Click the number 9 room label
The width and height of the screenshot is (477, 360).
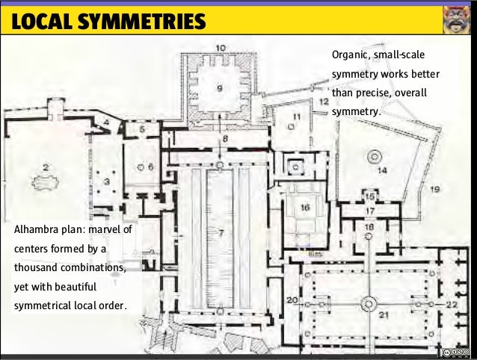coord(219,88)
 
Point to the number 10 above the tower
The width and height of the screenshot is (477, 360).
coord(220,48)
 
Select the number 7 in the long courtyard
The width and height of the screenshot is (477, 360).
coord(221,233)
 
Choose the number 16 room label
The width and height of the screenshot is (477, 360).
coord(305,208)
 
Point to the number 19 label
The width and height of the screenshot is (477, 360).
coord(434,190)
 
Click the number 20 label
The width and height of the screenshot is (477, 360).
coord(292,300)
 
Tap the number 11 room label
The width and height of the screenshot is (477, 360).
coord(297,117)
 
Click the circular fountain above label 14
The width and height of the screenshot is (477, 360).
coord(374,155)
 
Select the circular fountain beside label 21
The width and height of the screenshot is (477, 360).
coord(367,303)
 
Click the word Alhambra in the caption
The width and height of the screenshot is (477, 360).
coord(37,229)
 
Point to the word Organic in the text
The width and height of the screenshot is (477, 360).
coord(350,57)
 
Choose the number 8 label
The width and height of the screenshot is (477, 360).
coord(224,139)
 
